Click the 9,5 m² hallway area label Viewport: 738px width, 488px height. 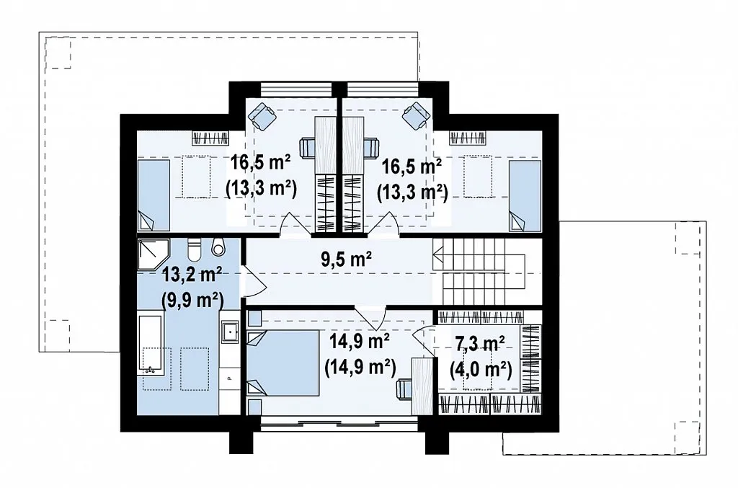[347, 258]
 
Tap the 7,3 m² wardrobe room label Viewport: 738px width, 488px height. [480, 344]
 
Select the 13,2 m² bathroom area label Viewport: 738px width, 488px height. [192, 275]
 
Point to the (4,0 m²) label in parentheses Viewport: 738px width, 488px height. [480, 370]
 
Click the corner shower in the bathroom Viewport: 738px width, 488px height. [154, 254]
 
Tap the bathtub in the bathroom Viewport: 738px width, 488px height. [150, 345]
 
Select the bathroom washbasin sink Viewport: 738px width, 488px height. [230, 332]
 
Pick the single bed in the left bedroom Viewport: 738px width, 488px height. [154, 195]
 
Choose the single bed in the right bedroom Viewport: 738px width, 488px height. [525, 195]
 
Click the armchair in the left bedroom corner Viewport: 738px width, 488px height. [262, 116]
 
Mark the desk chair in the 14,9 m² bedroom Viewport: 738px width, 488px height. [404, 389]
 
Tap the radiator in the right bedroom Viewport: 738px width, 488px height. [468, 138]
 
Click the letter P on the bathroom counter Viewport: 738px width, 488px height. [230, 377]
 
